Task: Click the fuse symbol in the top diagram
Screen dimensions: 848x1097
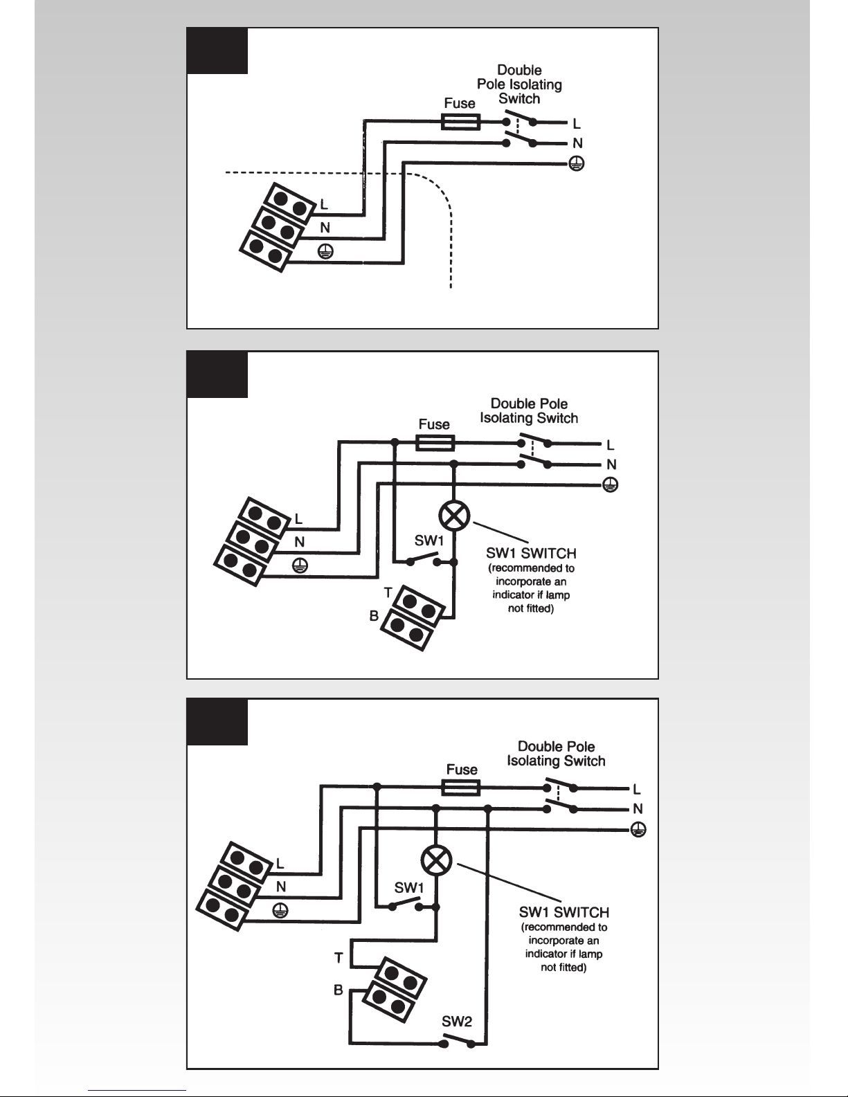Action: coord(460,122)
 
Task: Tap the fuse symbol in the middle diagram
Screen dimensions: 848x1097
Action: coord(435,443)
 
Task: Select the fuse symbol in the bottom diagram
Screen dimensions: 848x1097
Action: coord(461,787)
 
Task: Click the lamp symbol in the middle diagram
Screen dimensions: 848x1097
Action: coord(454,516)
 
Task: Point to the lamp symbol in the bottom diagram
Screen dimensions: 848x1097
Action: coord(436,861)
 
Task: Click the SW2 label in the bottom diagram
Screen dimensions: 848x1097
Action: coord(456,1022)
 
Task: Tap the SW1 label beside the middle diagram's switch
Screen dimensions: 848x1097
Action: coord(429,541)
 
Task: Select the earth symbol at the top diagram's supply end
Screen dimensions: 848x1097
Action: coord(577,163)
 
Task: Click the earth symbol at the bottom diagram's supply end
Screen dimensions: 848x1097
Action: coord(638,829)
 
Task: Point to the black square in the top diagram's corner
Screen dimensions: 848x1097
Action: coord(217,51)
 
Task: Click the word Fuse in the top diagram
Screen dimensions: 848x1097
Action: coord(460,103)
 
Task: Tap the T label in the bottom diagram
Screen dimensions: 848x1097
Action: coord(339,958)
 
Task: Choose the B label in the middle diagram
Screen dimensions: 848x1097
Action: coord(374,616)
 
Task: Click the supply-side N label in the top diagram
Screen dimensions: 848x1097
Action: coord(577,143)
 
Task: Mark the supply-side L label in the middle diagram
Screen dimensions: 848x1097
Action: coord(611,445)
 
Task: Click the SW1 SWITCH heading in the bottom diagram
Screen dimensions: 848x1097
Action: coord(563,912)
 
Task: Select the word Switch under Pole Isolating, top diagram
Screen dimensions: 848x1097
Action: coord(519,98)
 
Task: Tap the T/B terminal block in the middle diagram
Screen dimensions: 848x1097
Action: coord(413,618)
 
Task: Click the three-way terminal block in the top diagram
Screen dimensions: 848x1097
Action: coord(278,227)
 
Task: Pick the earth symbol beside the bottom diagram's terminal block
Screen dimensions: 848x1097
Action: coord(280,911)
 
